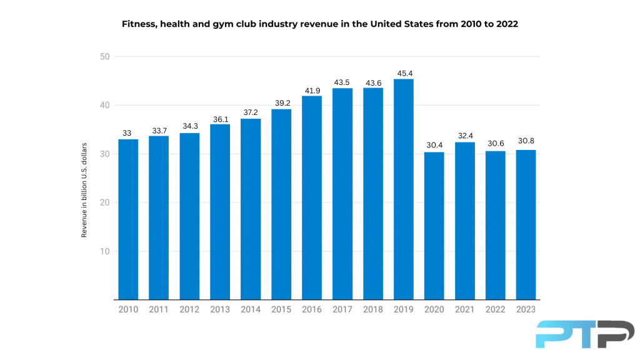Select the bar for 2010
[x=128, y=219]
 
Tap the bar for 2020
[x=434, y=226]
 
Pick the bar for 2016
[x=311, y=197]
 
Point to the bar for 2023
[x=526, y=225]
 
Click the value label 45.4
[x=403, y=73]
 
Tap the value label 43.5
[x=342, y=82]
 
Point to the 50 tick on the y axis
[x=104, y=57]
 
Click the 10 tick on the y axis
[x=104, y=251]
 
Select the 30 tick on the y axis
[x=104, y=154]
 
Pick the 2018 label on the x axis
[x=372, y=309]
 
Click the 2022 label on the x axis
[x=495, y=309]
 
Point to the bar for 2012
[x=189, y=216]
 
